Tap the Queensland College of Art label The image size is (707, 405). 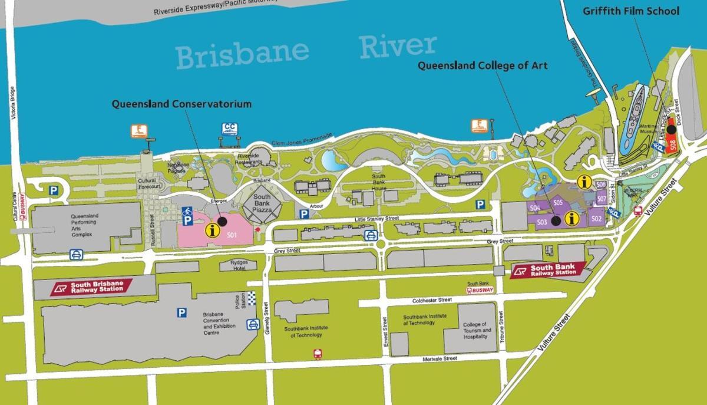click(483, 65)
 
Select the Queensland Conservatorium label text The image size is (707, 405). click(181, 104)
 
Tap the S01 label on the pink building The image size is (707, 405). click(232, 235)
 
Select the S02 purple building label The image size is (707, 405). click(596, 219)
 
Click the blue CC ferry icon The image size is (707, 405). click(229, 128)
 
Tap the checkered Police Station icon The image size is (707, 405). click(252, 298)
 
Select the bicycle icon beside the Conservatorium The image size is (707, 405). click(188, 210)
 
